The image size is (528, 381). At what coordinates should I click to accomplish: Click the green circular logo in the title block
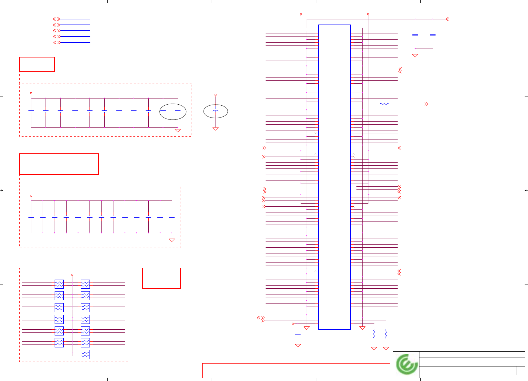coord(407,364)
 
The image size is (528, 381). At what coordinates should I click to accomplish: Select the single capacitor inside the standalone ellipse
coord(216,111)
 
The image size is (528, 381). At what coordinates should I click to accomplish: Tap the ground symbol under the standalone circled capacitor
coord(216,129)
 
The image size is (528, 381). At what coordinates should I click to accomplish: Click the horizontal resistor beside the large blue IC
coord(384,104)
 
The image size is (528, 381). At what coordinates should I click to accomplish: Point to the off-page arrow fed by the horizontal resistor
coord(426,104)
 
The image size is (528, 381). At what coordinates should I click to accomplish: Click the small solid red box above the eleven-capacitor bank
coord(37,65)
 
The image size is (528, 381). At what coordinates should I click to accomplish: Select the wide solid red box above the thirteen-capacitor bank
coord(59,164)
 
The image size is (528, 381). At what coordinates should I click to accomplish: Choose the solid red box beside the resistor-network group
coord(161,278)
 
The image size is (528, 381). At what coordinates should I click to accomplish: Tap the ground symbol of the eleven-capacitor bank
coord(177,130)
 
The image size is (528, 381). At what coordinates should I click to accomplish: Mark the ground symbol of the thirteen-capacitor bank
coord(172,240)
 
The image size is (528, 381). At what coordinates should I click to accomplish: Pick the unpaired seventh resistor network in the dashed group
coord(85,355)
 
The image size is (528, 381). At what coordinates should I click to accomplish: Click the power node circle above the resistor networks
coord(72,275)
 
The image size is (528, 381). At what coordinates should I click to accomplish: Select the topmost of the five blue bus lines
coord(75,19)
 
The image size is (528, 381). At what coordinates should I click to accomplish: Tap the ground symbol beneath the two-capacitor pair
coord(415,56)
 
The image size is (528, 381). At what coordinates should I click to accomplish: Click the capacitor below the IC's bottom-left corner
coord(298,334)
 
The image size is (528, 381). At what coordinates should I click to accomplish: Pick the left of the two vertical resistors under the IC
coord(374,334)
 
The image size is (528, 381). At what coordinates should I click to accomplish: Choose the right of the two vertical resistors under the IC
coord(386,334)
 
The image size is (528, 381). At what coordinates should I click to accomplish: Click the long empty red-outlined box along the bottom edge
coord(296,370)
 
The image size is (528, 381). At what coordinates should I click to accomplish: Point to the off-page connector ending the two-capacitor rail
coord(447,19)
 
